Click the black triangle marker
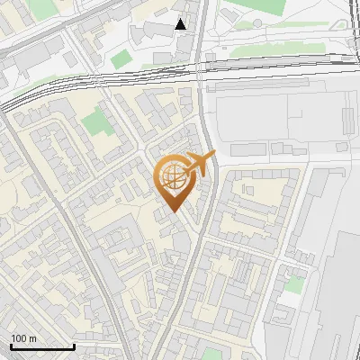[x=182, y=24]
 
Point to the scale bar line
[x=42, y=346]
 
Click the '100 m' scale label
[x=23, y=338]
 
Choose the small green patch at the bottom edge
[x=212, y=354]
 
